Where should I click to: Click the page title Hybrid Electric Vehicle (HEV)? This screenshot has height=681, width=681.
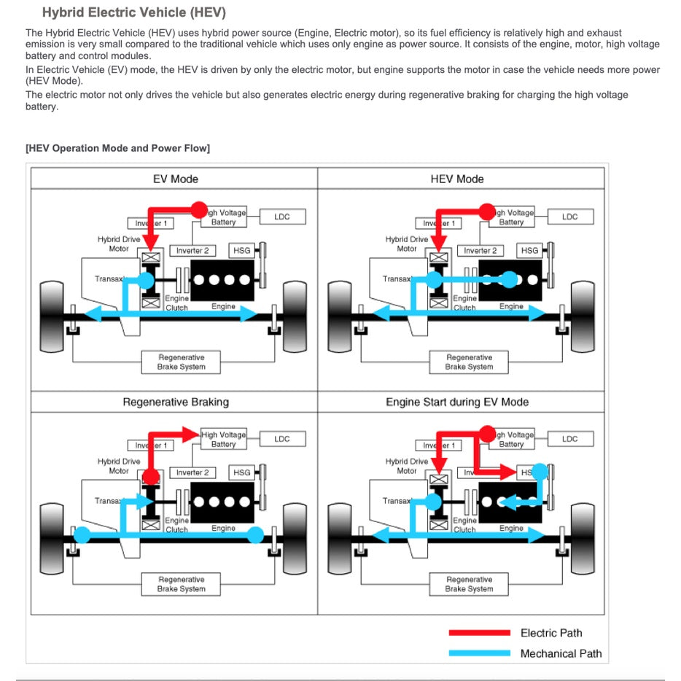tap(133, 12)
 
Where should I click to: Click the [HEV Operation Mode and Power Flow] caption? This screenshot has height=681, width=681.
tap(117, 148)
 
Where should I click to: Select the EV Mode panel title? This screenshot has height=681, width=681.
tap(175, 179)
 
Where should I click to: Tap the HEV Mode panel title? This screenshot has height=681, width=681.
tap(457, 179)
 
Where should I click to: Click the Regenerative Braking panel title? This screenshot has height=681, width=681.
tap(175, 402)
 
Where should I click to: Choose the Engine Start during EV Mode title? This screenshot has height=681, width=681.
tap(457, 402)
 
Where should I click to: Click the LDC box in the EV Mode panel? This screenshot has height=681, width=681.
tap(282, 217)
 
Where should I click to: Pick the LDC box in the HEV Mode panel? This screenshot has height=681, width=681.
tap(570, 217)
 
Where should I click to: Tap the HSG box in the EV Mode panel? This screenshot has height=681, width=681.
tap(241, 250)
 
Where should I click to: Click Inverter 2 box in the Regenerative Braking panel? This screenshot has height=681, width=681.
tap(192, 472)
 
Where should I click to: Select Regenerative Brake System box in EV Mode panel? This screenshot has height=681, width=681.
tap(181, 362)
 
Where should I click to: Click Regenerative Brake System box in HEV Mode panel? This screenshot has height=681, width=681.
tap(469, 362)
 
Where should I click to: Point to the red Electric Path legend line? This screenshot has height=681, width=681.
tap(479, 633)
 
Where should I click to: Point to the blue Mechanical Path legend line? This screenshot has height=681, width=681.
tap(479, 653)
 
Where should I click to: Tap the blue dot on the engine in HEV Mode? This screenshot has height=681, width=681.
tap(510, 279)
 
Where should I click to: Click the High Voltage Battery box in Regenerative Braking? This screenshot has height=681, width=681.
tap(224, 439)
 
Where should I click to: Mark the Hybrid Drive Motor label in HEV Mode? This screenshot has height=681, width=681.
tap(407, 244)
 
